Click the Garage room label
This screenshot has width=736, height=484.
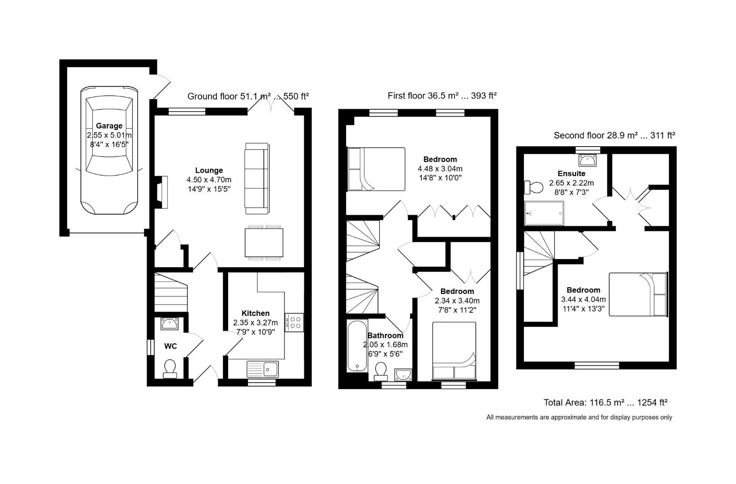(x=109, y=126)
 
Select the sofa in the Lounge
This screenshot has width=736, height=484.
(x=257, y=177)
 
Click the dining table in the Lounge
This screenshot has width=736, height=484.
(x=264, y=242)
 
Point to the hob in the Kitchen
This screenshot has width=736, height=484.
(x=294, y=322)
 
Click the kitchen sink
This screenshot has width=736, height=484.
(x=263, y=369)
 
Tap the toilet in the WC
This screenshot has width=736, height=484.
(x=170, y=368)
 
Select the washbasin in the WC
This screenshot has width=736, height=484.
(x=170, y=324)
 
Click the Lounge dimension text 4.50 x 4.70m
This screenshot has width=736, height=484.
(x=209, y=180)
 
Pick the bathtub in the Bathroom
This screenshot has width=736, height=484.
(x=357, y=346)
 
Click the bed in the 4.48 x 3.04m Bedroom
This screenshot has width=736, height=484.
(x=376, y=169)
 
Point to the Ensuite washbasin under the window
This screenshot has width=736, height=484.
(x=587, y=160)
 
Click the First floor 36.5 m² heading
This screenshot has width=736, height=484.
(x=442, y=95)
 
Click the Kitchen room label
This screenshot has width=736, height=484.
(x=255, y=313)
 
